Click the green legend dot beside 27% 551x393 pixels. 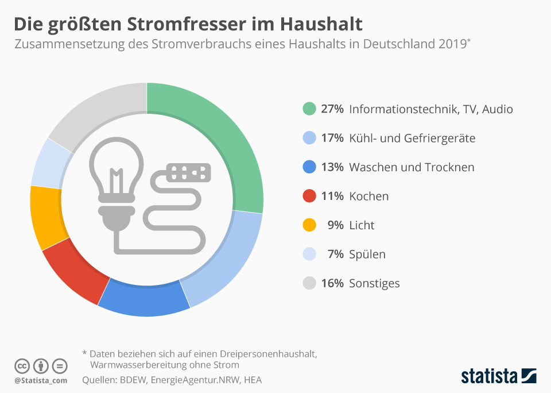coord(309,109)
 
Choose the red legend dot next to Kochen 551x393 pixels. coord(309,196)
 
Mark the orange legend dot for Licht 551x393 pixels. coord(309,225)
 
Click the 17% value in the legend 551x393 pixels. coord(332,138)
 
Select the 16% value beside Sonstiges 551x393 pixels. coord(332,283)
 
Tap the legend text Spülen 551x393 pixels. coord(367,255)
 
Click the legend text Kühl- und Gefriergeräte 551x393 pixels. coord(412,138)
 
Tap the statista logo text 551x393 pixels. coord(489,376)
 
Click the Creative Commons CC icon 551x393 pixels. coord(22,365)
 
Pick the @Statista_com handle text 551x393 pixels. coord(41,380)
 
